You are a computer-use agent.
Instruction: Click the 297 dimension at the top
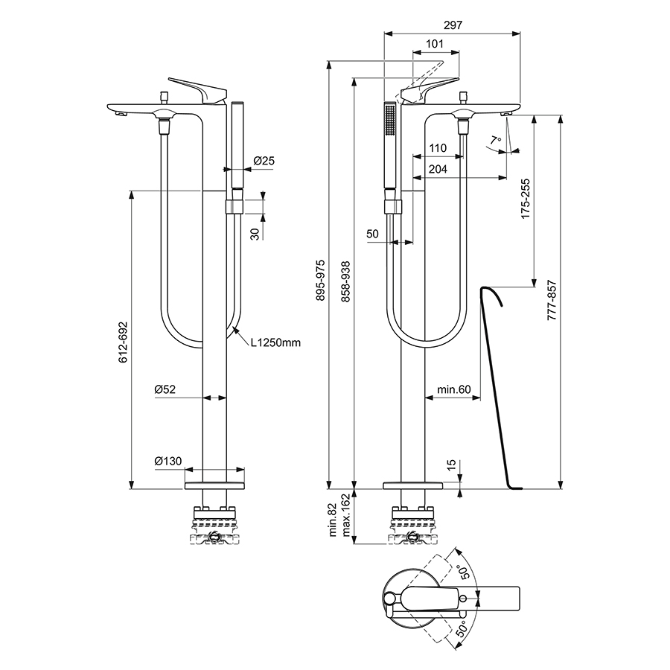pyautogui.click(x=452, y=25)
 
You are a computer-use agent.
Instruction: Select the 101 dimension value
pyautogui.click(x=436, y=45)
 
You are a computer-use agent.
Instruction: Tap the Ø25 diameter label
pyautogui.click(x=264, y=161)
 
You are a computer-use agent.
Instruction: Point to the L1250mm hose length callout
pyautogui.click(x=275, y=343)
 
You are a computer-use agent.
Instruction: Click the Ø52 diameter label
pyautogui.click(x=165, y=389)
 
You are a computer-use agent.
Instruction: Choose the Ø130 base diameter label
pyautogui.click(x=167, y=462)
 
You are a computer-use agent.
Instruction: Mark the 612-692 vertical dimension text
pyautogui.click(x=123, y=342)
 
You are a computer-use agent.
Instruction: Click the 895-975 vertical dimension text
pyautogui.click(x=321, y=280)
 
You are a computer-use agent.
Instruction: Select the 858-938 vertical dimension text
pyautogui.click(x=345, y=280)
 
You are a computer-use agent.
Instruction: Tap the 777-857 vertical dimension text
pyautogui.click(x=551, y=301)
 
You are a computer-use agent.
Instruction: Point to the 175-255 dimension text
pyautogui.click(x=526, y=198)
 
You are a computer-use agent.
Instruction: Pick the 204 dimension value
pyautogui.click(x=438, y=170)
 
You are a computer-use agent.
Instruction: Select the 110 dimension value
pyautogui.click(x=438, y=149)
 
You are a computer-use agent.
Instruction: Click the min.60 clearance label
pyautogui.click(x=453, y=389)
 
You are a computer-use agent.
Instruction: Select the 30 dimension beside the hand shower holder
pyautogui.click(x=255, y=233)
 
